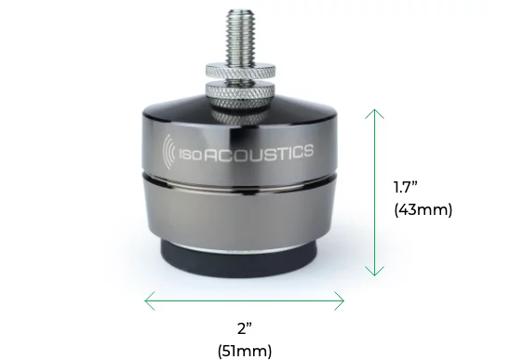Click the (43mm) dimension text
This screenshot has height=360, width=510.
tap(423, 209)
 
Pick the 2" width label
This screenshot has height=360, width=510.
tap(244, 327)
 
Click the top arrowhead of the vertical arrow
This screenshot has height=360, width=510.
tap(374, 112)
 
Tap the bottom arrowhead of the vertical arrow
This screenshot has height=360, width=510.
tap(374, 273)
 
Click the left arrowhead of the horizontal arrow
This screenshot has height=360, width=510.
tap(149, 300)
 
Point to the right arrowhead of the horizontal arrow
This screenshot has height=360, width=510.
tap(341, 300)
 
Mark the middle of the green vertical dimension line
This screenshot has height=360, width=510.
tap(374, 193)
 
